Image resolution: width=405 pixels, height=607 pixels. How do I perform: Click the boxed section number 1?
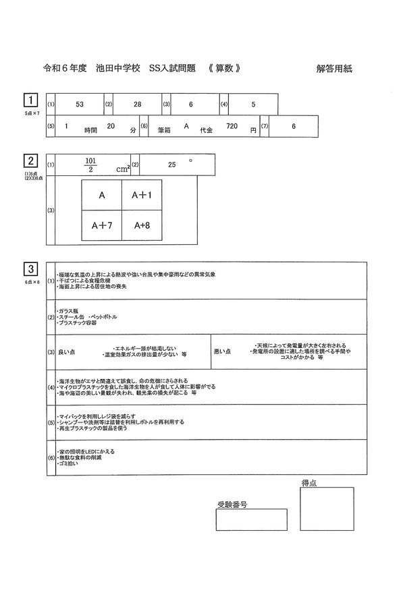click(30, 100)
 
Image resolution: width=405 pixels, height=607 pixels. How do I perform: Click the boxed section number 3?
click(30, 268)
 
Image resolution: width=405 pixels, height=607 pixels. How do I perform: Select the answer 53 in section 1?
click(80, 105)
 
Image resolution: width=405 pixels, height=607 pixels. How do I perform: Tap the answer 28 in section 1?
click(138, 105)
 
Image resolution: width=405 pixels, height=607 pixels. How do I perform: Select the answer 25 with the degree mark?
click(172, 164)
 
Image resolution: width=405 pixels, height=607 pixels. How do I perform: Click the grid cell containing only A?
click(101, 195)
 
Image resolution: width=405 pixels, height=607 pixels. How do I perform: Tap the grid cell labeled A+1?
click(142, 195)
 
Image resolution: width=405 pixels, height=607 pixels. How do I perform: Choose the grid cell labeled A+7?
click(101, 226)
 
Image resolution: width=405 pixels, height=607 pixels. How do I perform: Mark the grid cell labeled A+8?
click(142, 226)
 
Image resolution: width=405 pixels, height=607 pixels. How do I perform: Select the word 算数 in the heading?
click(224, 68)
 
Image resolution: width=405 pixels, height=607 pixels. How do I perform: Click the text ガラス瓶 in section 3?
click(68, 310)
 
